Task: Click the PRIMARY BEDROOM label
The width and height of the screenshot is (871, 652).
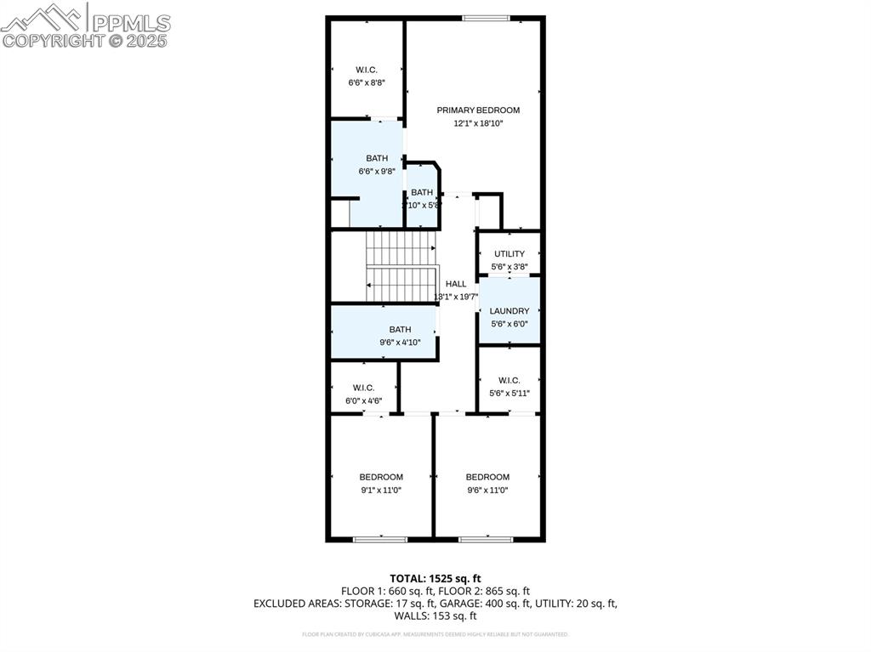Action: [x=478, y=110]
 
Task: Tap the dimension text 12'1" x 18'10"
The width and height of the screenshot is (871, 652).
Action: [x=478, y=123]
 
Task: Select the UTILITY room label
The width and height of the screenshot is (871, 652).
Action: [x=510, y=253]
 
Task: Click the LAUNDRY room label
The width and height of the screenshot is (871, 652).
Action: [x=510, y=311]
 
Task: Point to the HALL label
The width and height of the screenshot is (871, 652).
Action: [x=456, y=283]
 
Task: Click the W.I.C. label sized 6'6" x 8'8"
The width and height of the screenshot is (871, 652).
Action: [x=367, y=70]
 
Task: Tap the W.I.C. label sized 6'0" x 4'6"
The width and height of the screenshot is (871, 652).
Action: [x=363, y=388]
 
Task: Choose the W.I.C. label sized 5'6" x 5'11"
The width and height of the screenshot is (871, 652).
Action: [x=509, y=380]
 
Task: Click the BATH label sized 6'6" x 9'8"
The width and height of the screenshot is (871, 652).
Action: [x=377, y=158]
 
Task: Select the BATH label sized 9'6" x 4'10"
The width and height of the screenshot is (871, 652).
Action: [x=400, y=329]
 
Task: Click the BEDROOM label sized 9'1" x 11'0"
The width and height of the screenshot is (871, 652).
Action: [x=381, y=477]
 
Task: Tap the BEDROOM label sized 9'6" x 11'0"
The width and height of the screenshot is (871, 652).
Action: [x=487, y=477]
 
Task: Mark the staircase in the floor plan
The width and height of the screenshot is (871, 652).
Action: [x=401, y=266]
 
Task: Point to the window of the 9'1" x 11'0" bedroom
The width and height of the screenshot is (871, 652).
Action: [x=380, y=538]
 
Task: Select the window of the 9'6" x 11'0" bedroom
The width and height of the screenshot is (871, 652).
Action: [x=486, y=538]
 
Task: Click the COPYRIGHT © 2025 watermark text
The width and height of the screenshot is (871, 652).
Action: [x=85, y=40]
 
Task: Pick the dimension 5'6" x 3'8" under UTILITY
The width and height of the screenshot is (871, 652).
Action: [x=510, y=267]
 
